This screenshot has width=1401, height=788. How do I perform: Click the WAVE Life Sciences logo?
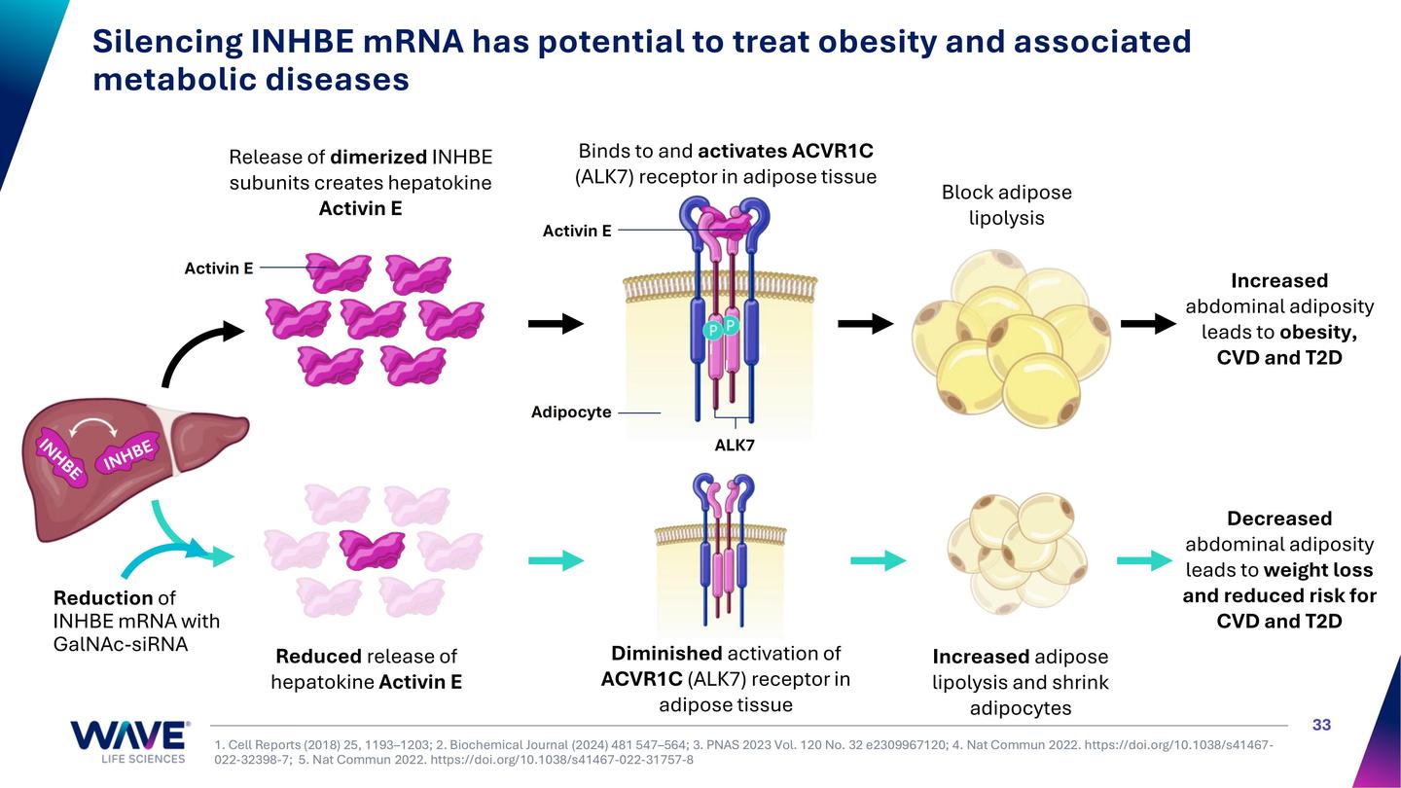click(128, 741)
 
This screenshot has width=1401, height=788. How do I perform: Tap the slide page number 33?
click(1321, 725)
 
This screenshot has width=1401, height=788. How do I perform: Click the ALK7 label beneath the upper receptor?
click(735, 446)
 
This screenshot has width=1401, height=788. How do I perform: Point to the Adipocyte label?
click(571, 412)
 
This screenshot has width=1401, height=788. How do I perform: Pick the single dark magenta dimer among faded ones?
click(372, 549)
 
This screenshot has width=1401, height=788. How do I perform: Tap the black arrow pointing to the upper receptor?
click(556, 324)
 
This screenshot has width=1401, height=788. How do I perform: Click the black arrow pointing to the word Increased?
click(1148, 324)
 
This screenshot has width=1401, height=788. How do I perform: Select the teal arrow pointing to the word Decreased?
click(1144, 560)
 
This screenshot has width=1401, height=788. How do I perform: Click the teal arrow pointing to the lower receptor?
click(556, 560)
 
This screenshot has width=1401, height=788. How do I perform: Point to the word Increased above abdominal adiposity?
click(1278, 280)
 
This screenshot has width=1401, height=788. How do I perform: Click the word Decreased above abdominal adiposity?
click(1278, 519)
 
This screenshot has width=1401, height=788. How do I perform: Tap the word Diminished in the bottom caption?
click(666, 653)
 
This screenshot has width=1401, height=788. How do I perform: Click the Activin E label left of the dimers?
click(218, 268)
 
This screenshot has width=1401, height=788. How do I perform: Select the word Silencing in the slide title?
click(167, 42)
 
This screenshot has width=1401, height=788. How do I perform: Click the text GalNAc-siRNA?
click(121, 644)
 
